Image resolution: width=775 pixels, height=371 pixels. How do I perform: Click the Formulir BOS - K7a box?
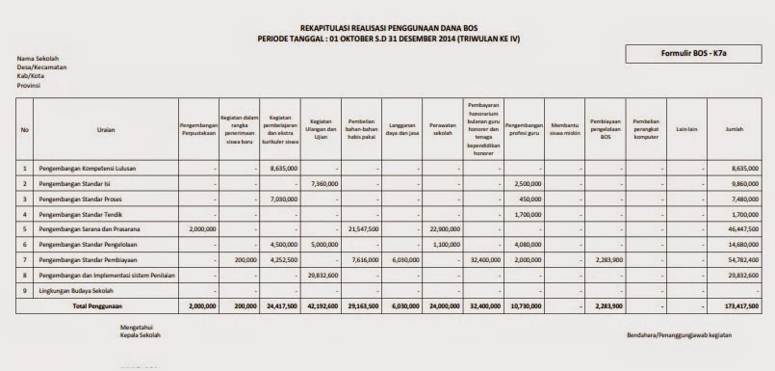[696, 56]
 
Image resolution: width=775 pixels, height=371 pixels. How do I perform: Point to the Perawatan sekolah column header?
[442, 129]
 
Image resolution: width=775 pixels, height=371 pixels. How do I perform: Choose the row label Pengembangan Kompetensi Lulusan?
[88, 168]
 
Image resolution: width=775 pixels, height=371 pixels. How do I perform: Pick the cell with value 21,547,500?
[362, 229]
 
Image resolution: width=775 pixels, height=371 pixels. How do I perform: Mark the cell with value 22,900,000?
[445, 229]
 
